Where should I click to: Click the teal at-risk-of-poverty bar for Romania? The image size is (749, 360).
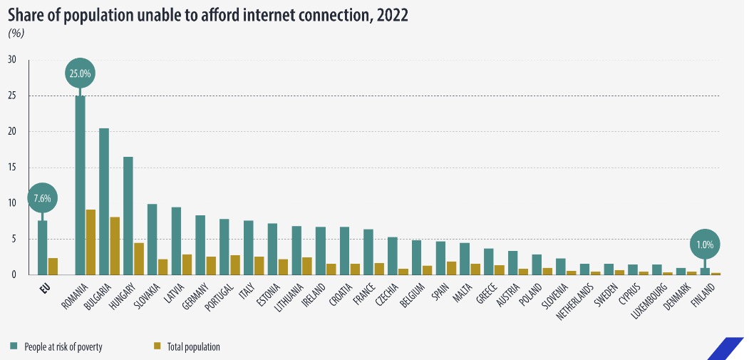coord(81,185)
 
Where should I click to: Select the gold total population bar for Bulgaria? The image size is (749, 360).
coord(115,246)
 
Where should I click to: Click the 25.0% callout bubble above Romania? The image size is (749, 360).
coord(81,73)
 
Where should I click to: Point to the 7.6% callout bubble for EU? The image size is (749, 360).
coord(42,198)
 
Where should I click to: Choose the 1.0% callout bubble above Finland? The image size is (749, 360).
coord(706,245)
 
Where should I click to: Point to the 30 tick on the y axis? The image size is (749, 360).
coord(12,60)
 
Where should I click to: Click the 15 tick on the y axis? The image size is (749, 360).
coord(12,168)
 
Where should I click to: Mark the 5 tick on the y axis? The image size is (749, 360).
coord(14,240)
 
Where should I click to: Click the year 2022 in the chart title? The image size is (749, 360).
coord(392,16)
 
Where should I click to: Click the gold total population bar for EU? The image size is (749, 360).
coord(53,267)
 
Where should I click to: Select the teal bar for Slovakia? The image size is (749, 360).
coord(152,240)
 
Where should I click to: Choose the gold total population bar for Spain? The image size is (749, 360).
coord(451,268)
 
